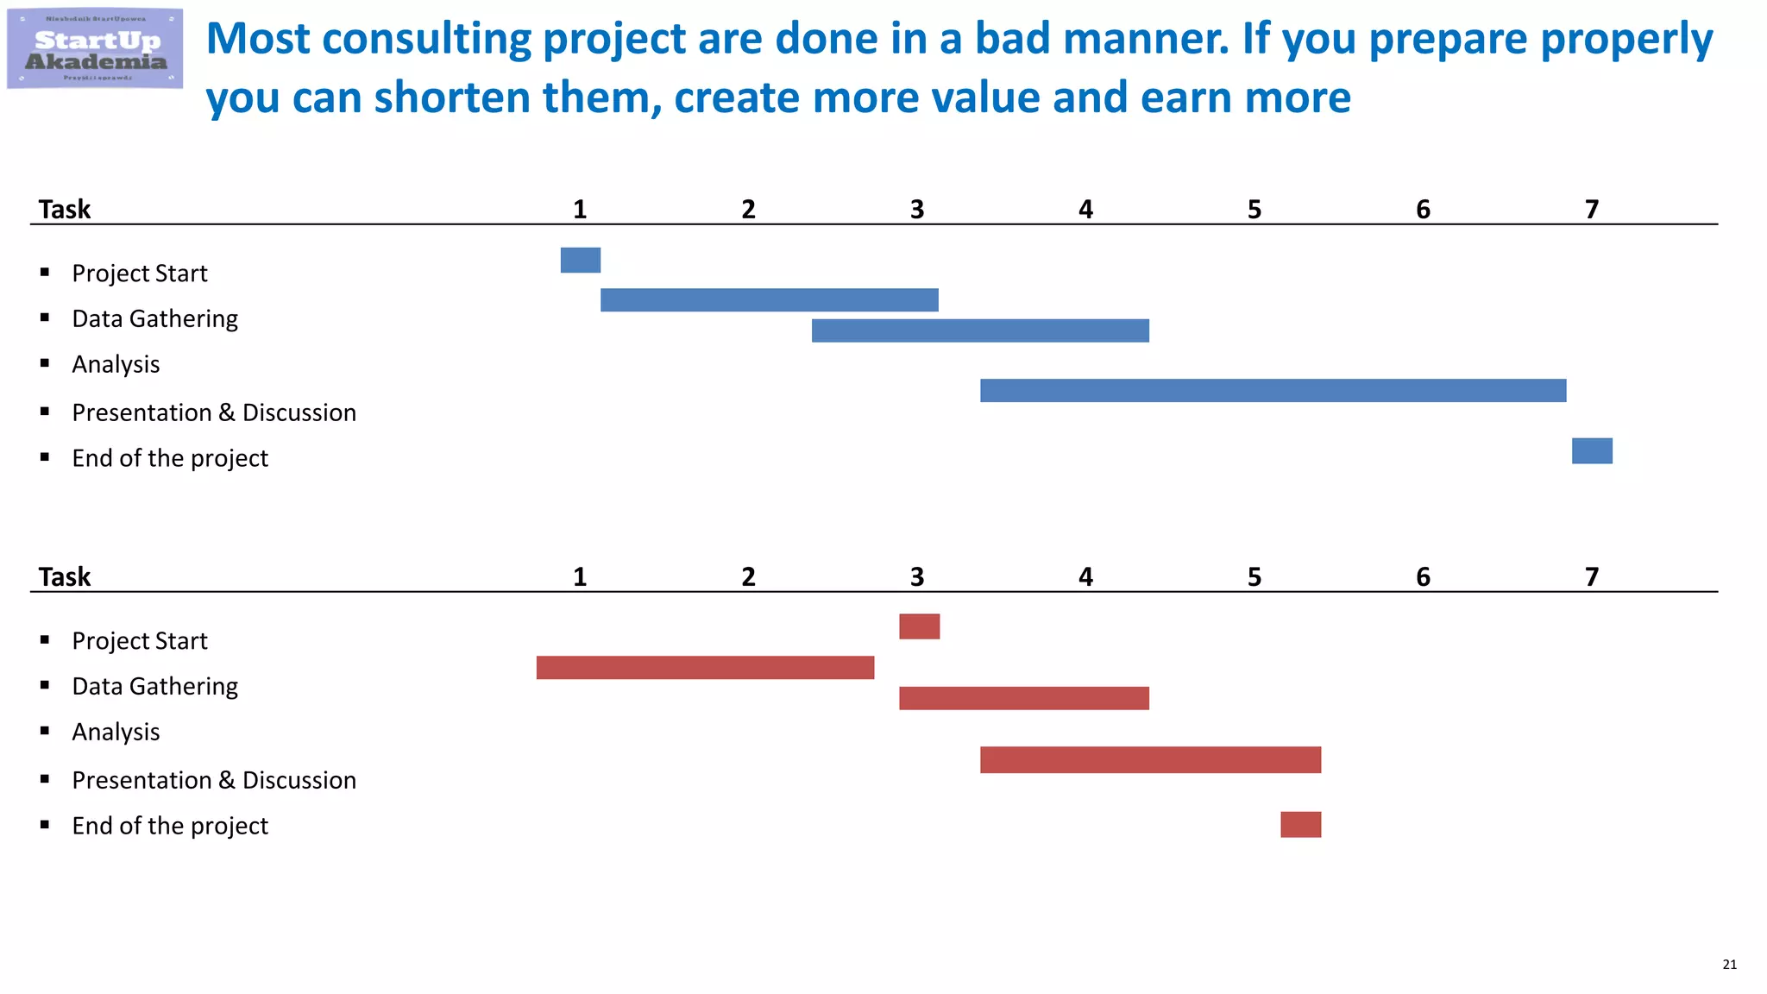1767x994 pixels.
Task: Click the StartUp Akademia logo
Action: [x=95, y=48]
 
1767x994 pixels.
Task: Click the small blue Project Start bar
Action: [x=580, y=260]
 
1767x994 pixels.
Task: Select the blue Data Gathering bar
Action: [x=769, y=299]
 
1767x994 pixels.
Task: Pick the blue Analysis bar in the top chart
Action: [x=980, y=330]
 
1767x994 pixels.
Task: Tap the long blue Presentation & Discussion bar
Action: [x=1273, y=390]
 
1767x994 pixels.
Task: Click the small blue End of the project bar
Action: [x=1592, y=450]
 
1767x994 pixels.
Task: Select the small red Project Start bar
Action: [x=919, y=626]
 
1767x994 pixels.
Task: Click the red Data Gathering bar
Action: [x=705, y=667]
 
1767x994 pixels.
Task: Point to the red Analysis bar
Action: [x=1023, y=698]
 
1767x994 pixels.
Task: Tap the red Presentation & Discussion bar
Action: [x=1150, y=759]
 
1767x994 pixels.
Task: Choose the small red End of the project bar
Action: [x=1300, y=824]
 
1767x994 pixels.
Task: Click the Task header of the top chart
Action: [x=65, y=209]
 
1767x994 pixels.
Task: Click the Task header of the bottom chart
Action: [x=65, y=576]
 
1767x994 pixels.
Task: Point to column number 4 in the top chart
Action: [x=1085, y=209]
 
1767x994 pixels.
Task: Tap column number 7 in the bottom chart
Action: [x=1592, y=576]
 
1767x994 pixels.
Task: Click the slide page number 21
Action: [x=1729, y=965]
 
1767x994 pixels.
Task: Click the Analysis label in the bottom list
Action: [x=116, y=732]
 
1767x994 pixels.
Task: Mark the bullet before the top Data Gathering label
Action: [x=45, y=318]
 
